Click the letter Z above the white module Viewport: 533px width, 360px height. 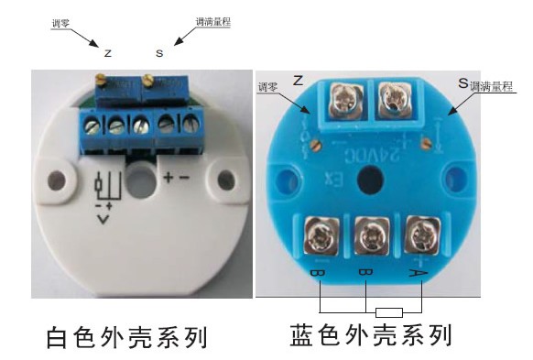tap(108, 53)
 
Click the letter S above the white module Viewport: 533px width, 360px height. tap(159, 53)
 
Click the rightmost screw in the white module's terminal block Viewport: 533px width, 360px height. tap(190, 122)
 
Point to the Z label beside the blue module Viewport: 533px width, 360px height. tap(298, 82)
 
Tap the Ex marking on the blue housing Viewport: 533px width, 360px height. tap(332, 171)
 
